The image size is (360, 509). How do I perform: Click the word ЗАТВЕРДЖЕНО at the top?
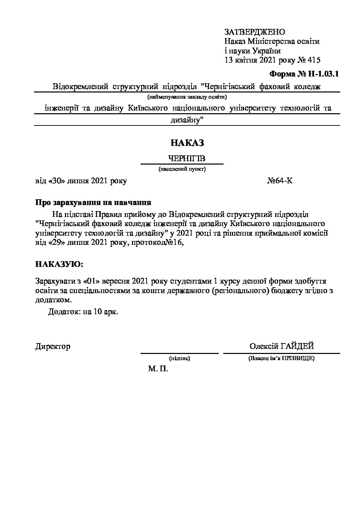[255, 32]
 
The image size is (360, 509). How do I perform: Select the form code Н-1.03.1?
[324, 74]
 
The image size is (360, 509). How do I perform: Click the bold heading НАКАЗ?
[187, 143]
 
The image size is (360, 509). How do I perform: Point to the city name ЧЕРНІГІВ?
[187, 159]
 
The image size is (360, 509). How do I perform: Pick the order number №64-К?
[280, 181]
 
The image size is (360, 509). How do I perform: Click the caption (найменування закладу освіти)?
[187, 97]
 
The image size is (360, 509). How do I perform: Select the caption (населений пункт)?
[182, 169]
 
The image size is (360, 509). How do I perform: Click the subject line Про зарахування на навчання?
[93, 203]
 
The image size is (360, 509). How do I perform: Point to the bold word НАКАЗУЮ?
[59, 264]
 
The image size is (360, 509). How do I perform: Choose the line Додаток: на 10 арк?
[83, 312]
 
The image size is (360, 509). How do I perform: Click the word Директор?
[53, 346]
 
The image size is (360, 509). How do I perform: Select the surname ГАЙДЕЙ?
[297, 346]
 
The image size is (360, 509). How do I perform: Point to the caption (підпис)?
[179, 358]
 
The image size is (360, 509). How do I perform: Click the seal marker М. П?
[158, 369]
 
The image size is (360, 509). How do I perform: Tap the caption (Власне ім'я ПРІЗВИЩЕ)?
[281, 358]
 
